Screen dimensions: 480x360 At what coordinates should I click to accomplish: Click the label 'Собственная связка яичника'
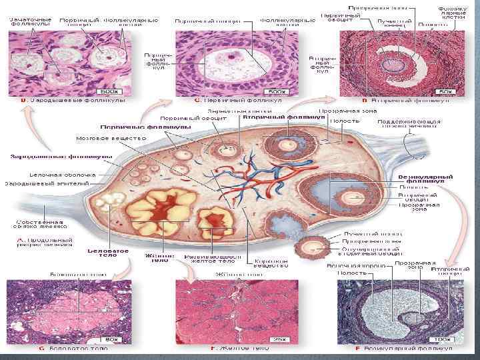point(41,225)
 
